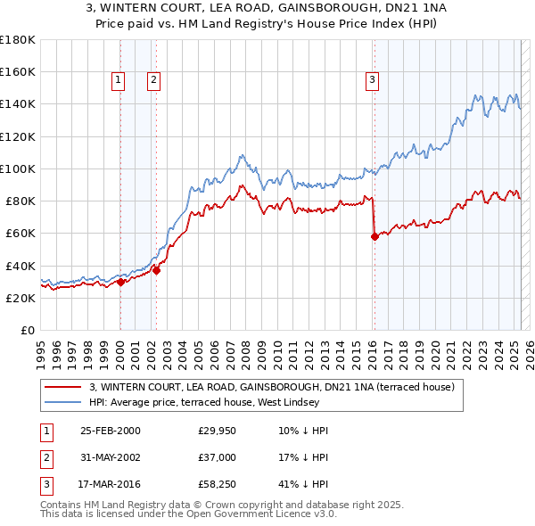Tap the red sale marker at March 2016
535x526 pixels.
374,236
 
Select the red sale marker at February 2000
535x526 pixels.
120,282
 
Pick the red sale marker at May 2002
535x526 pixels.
156,270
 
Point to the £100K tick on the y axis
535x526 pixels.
18,168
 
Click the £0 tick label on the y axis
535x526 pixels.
29,331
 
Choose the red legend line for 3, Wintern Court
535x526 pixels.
64,387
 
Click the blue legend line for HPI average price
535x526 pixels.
64,403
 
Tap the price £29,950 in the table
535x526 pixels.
217,431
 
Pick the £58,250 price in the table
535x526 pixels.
217,486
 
